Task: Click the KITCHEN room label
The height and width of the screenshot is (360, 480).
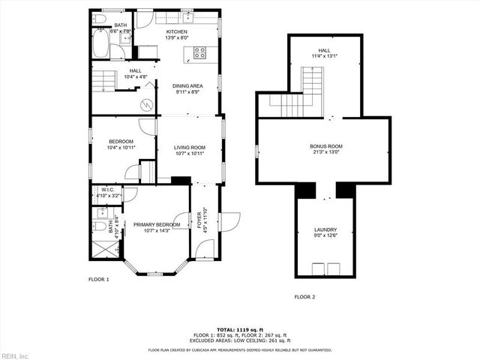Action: point(187,31)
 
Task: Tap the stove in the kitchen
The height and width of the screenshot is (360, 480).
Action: point(200,52)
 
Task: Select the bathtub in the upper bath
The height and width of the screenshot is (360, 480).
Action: point(99,44)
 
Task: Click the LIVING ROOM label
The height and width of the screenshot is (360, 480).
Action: point(190,147)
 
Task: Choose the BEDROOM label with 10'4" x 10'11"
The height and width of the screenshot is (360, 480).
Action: point(121,141)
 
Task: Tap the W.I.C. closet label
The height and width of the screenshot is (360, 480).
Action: point(107,190)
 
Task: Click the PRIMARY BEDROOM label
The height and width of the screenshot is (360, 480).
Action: point(157,224)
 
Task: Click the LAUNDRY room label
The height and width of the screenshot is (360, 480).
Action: point(325,230)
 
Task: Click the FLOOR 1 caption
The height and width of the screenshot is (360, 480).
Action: point(99,279)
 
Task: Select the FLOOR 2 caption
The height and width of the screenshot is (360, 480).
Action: point(304,297)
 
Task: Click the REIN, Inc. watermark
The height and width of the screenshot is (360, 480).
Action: point(14,355)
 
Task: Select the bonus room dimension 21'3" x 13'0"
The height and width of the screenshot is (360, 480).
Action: point(325,152)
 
